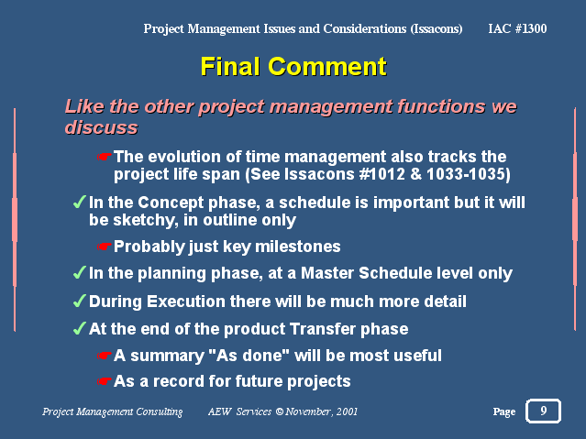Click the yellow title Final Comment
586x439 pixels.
pos(293,67)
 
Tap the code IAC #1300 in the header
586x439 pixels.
pos(517,28)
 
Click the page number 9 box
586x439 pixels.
pos(544,411)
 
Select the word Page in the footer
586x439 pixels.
pos(504,412)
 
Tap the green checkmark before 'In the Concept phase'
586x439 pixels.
pos(80,203)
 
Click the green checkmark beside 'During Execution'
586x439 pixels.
pos(80,301)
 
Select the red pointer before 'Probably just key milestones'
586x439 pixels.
pos(105,247)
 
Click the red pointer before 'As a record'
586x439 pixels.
pos(105,381)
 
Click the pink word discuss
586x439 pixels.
pos(101,127)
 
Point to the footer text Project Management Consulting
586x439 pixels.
pos(113,412)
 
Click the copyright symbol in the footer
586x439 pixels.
pos(279,412)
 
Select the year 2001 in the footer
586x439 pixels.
pos(347,412)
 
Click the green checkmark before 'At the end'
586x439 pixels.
pos(80,328)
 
